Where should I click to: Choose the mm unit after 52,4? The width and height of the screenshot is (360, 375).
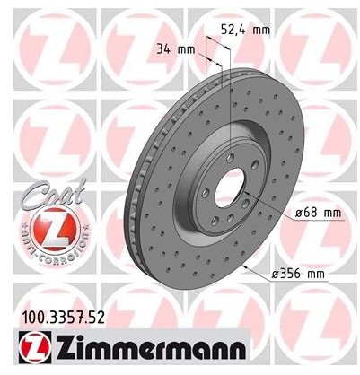(262, 29)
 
